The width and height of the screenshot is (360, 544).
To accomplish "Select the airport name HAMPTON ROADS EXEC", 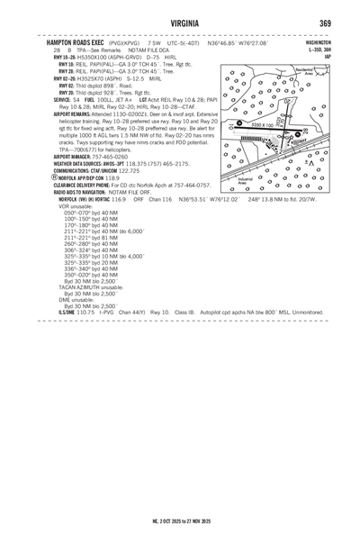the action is coord(74,42).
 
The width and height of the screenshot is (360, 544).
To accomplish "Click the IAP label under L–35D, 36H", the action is coord(328,56).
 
